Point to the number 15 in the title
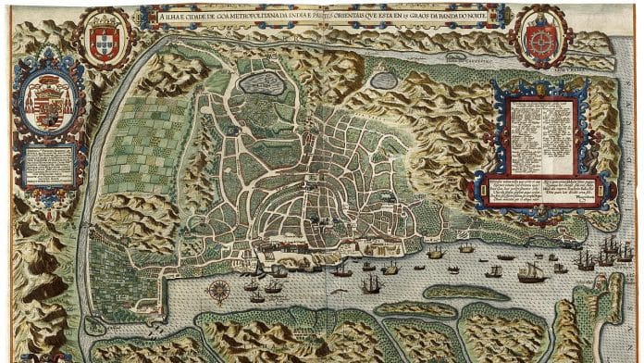tap(415, 12)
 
